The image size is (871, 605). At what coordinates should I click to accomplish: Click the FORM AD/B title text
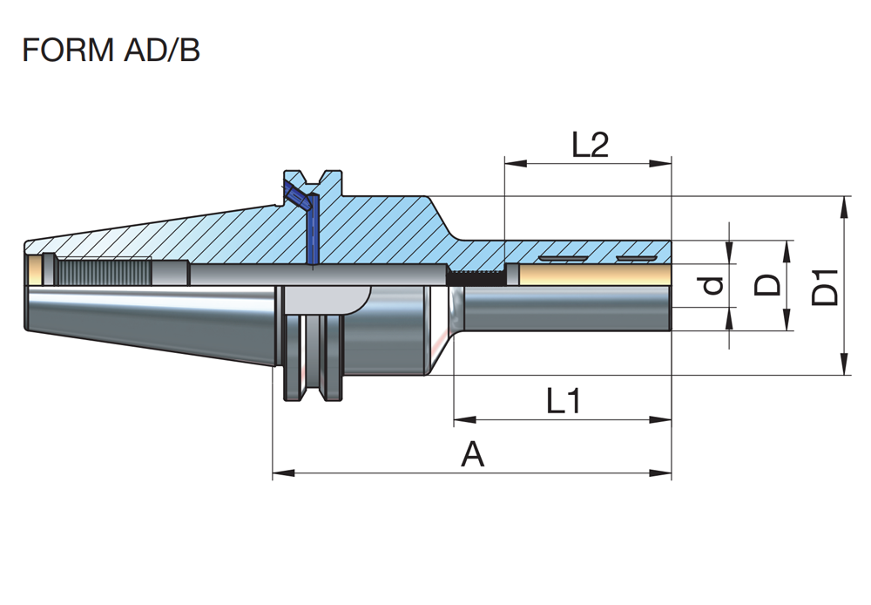[111, 51]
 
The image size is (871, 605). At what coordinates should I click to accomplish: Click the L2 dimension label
[590, 145]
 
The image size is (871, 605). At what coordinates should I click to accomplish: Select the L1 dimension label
[564, 402]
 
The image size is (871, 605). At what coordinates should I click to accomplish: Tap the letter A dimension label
[472, 454]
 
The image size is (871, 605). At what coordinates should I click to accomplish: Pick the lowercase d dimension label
[713, 285]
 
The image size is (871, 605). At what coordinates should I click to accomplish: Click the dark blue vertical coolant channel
[313, 230]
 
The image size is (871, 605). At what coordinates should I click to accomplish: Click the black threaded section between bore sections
[476, 276]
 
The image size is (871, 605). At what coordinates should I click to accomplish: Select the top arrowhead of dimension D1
[844, 203]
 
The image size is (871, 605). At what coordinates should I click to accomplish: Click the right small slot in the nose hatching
[634, 259]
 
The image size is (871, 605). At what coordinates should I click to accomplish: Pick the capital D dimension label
[767, 285]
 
